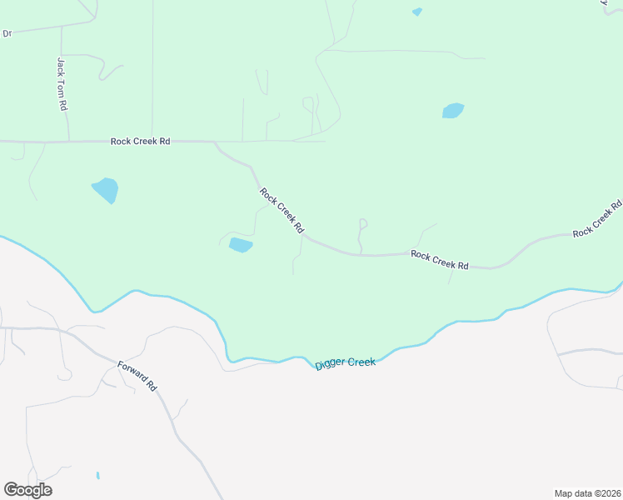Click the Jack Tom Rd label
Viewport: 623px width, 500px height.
point(62,84)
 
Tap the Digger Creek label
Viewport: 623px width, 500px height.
point(346,363)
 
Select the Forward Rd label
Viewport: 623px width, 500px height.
point(137,376)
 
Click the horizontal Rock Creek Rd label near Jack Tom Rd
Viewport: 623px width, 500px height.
point(140,142)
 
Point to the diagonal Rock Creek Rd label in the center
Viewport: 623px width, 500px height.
point(282,210)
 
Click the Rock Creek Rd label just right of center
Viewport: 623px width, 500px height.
point(440,259)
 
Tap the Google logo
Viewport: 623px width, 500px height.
point(27,490)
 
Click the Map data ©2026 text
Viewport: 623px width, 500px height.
point(587,492)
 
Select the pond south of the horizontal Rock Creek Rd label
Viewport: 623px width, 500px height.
point(106,190)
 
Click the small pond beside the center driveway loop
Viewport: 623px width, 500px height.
point(241,245)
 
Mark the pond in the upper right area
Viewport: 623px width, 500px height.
point(453,111)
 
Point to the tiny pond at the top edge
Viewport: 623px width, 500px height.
point(417,12)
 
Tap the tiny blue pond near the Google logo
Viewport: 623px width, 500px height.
point(97,476)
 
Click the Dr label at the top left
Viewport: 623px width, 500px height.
point(7,33)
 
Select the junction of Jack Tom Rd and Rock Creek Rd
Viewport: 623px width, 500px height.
point(68,142)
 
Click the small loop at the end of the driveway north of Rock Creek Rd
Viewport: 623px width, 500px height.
point(362,223)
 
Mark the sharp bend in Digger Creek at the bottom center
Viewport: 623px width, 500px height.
point(227,357)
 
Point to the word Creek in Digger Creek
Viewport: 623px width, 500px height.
point(361,362)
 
